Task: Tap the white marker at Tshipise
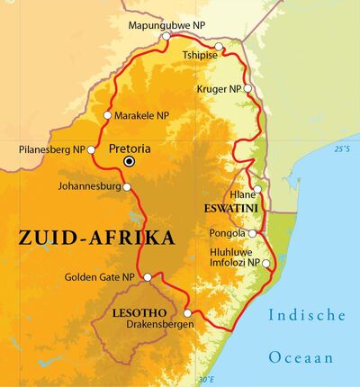click(x=219, y=46)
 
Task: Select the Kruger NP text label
click(x=219, y=89)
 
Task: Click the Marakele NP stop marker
click(x=108, y=115)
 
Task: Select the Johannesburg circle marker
click(x=127, y=187)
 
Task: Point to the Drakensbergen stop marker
click(x=187, y=338)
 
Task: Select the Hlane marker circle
click(x=257, y=190)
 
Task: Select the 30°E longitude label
click(x=206, y=379)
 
